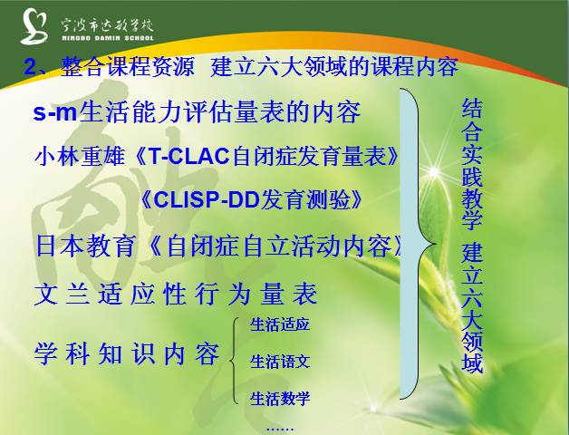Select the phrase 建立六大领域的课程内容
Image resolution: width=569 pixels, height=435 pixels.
[x=334, y=68]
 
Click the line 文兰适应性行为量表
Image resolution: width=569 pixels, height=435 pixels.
[x=176, y=295]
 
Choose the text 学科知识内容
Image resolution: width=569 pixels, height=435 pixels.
[x=127, y=353]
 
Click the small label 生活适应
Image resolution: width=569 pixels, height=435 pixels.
[x=280, y=324]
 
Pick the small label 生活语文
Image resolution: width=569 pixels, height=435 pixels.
[x=280, y=361]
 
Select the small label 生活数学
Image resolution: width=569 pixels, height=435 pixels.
[x=280, y=397]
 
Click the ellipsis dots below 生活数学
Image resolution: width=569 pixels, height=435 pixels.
[x=278, y=424]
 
